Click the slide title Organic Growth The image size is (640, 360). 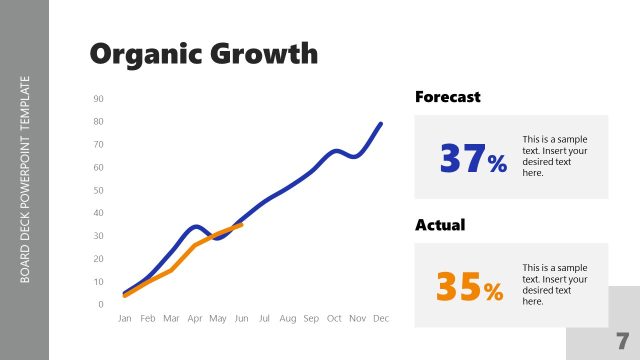[x=203, y=53]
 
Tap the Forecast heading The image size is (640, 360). [x=447, y=97]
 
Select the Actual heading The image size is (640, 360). [x=441, y=225]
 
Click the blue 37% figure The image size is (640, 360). [x=473, y=158]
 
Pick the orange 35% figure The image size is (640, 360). [x=470, y=288]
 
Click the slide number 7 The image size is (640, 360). [x=622, y=339]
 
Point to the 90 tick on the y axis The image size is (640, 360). [x=99, y=99]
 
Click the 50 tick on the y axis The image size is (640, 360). [x=99, y=190]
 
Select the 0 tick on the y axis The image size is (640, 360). [x=101, y=304]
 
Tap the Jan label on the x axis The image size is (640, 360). [x=125, y=318]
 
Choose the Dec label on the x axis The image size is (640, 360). [x=380, y=318]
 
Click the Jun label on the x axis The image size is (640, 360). [x=241, y=318]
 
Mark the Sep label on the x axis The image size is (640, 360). [x=311, y=318]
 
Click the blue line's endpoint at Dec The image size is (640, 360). [x=380, y=124]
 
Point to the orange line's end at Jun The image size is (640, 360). [x=241, y=225]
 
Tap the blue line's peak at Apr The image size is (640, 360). [x=196, y=227]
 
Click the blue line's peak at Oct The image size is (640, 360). [x=335, y=151]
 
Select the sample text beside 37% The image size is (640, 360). [x=554, y=156]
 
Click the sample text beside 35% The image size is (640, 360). [x=554, y=284]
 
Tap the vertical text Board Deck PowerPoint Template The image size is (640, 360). [x=25, y=180]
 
